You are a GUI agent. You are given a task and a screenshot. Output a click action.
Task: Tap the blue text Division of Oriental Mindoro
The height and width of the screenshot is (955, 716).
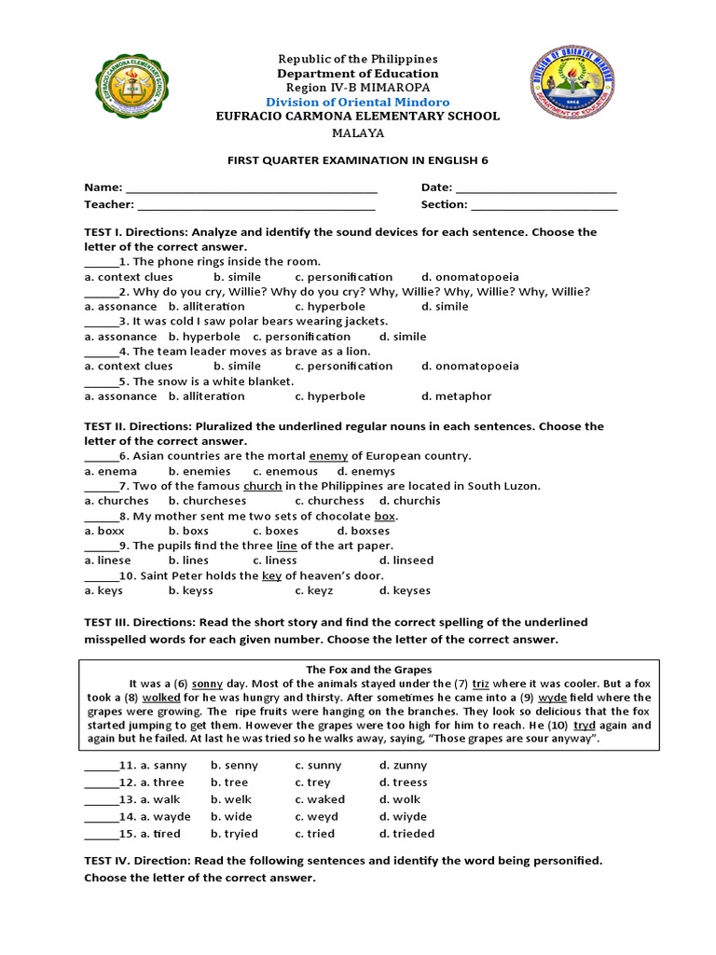(x=358, y=102)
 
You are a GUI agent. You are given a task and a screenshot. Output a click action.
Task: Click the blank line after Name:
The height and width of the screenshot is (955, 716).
(x=252, y=189)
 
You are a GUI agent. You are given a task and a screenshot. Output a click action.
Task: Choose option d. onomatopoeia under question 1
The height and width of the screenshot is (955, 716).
(x=470, y=277)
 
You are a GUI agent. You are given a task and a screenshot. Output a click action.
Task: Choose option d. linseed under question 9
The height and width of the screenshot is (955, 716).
(x=406, y=561)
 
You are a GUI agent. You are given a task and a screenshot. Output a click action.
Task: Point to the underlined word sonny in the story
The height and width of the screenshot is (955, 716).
(x=207, y=684)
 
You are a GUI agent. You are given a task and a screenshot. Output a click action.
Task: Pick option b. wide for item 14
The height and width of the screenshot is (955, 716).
(x=234, y=816)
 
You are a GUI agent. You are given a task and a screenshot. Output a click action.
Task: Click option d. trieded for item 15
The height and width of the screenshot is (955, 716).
(x=406, y=834)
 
